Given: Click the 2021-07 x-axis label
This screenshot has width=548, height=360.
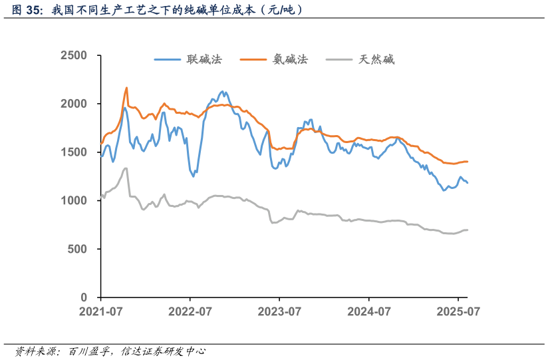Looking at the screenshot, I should point(101,311).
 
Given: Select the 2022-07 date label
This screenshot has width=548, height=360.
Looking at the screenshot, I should point(190,311).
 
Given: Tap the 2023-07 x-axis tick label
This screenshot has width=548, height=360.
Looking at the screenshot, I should point(279,311).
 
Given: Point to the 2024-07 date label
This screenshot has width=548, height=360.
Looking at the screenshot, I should point(369,311).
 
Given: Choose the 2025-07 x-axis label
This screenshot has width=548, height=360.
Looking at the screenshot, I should point(458,311).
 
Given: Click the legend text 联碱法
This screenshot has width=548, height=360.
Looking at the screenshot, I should point(204,59).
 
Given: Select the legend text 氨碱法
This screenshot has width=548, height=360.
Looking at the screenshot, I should point(291,59).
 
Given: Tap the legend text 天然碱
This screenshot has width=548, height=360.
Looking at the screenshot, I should point(377,59).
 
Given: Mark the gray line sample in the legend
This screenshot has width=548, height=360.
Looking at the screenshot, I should point(341,59).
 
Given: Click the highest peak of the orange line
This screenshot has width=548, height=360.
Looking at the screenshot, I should point(126,88).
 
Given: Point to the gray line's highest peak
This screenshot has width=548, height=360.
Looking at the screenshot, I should point(126,168).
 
